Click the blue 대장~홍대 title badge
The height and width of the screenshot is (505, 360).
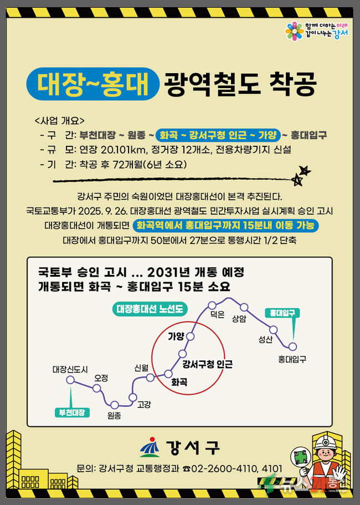pos(93,84)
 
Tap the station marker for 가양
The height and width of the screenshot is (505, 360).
pos(191,336)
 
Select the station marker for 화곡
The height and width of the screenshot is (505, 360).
pos(168,374)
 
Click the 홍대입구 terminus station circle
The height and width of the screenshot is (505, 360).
pos(292,346)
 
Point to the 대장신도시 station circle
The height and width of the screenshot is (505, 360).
pos(70,380)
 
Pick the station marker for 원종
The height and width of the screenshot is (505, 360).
pos(115,405)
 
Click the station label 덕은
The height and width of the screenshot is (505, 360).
pos(217,315)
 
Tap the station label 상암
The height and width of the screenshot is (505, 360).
pos(239,319)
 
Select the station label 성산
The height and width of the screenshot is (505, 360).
pos(265,339)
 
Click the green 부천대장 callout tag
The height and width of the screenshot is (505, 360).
pos(72,412)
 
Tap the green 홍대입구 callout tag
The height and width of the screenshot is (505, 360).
pos(282,313)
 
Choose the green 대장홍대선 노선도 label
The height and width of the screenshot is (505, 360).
pos(150,309)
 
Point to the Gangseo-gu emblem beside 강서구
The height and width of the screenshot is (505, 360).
pos(150,447)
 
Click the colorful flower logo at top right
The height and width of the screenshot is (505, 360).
pos(295,31)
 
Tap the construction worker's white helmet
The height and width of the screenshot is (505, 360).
pos(326,442)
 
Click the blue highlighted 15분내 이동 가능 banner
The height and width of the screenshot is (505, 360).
pos(225,226)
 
